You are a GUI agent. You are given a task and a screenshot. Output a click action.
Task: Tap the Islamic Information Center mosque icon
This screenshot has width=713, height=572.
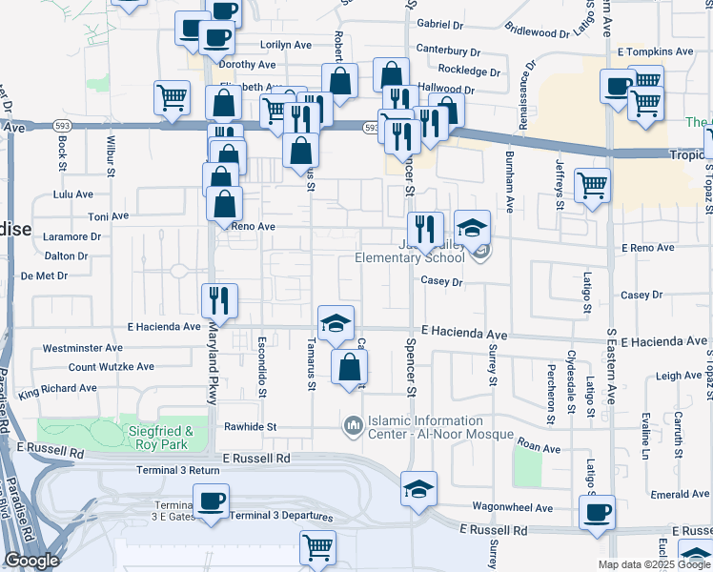[353, 422]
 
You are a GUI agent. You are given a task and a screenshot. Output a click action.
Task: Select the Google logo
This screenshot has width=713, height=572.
[31, 561]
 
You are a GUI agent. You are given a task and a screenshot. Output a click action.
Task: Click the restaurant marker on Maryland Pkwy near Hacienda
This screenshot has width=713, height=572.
[220, 300]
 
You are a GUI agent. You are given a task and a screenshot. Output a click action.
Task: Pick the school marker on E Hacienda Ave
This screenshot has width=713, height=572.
[335, 322]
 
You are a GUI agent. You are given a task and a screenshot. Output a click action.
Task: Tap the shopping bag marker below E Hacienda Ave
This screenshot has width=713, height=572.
[350, 366]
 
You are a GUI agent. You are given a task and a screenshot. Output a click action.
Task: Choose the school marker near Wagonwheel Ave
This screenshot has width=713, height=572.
[418, 488]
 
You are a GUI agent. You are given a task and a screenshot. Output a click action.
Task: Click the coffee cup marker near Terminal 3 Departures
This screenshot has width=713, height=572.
[211, 500]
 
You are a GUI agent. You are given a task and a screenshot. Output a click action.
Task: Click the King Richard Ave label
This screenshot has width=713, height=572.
[57, 389]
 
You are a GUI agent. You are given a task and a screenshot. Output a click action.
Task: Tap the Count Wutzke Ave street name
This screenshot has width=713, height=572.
[111, 367]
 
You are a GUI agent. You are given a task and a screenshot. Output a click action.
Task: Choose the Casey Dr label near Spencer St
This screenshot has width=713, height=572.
[442, 282]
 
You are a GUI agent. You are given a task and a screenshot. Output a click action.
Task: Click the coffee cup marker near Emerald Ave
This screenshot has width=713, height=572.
[598, 513]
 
